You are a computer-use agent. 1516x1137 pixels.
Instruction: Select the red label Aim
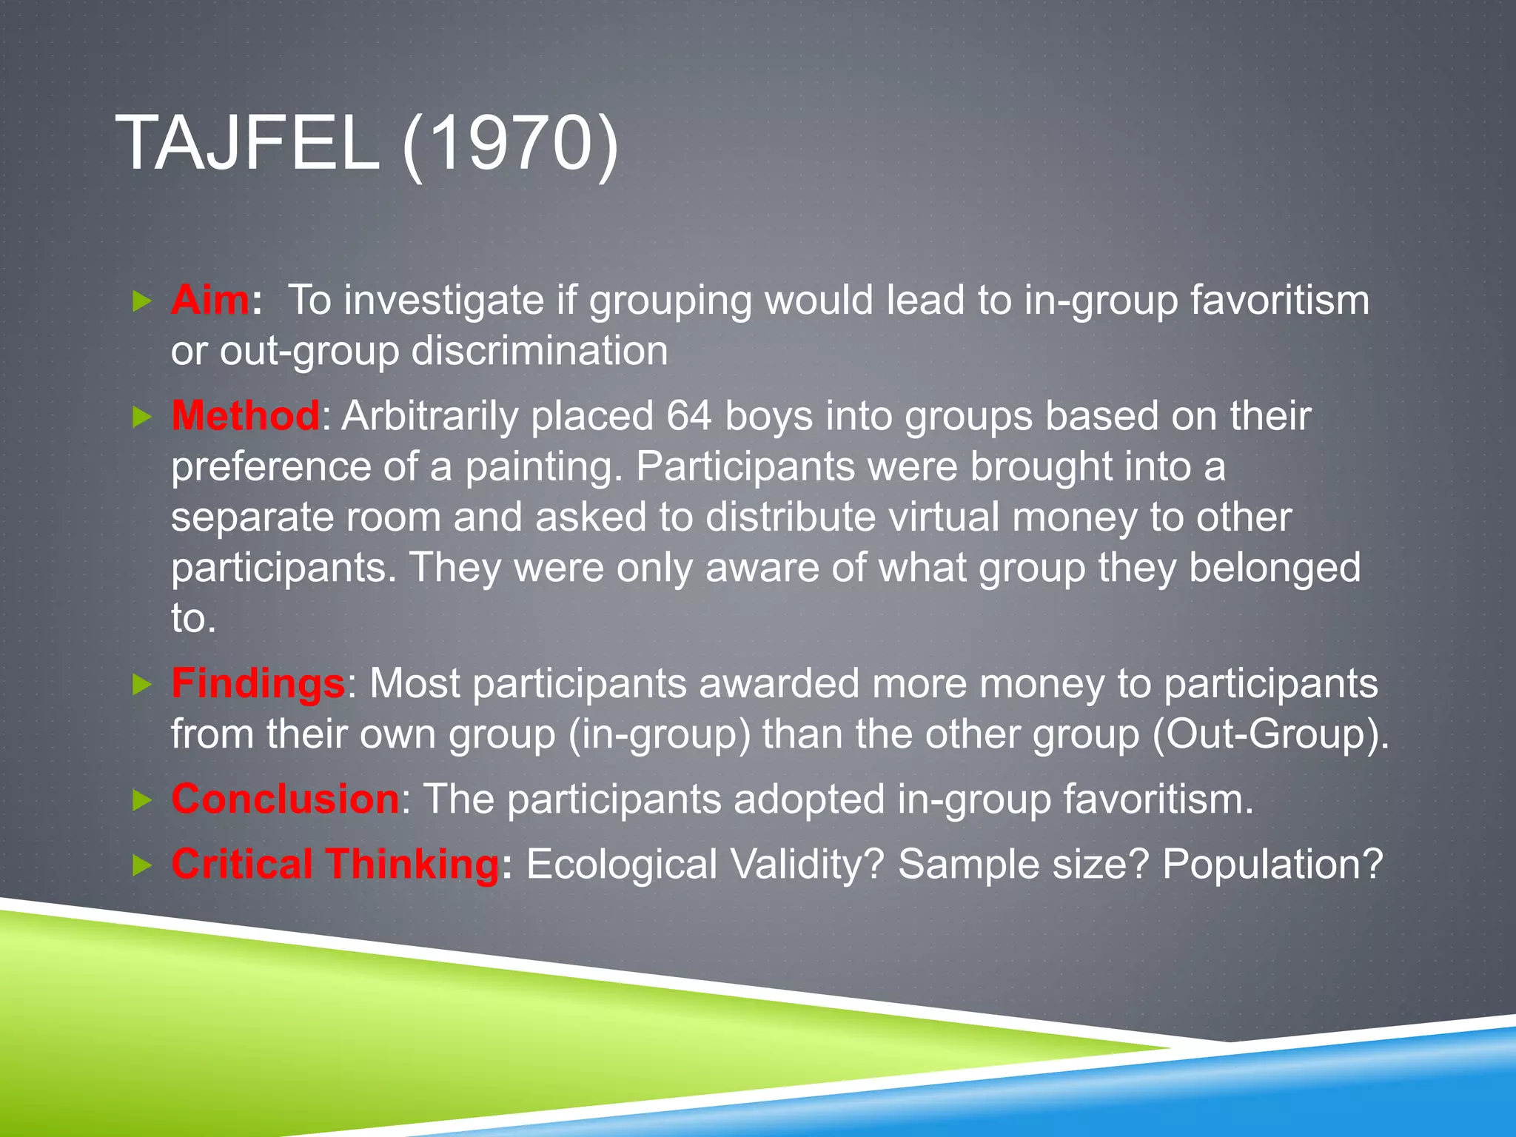pos(210,300)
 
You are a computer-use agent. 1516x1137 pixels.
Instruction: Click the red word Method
pos(245,415)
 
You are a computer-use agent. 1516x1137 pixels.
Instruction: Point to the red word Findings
pos(258,682)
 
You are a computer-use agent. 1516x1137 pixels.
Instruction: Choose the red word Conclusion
pos(286,799)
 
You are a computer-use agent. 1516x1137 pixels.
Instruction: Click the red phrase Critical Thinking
pos(335,863)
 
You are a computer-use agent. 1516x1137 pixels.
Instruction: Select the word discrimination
pos(540,350)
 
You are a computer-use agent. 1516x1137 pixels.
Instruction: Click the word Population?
pos(1272,863)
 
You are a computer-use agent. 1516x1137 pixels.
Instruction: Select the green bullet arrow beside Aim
pos(141,301)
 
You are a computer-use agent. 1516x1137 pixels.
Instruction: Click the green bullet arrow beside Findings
pos(141,684)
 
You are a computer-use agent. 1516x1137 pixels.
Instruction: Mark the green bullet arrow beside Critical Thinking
pos(141,865)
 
